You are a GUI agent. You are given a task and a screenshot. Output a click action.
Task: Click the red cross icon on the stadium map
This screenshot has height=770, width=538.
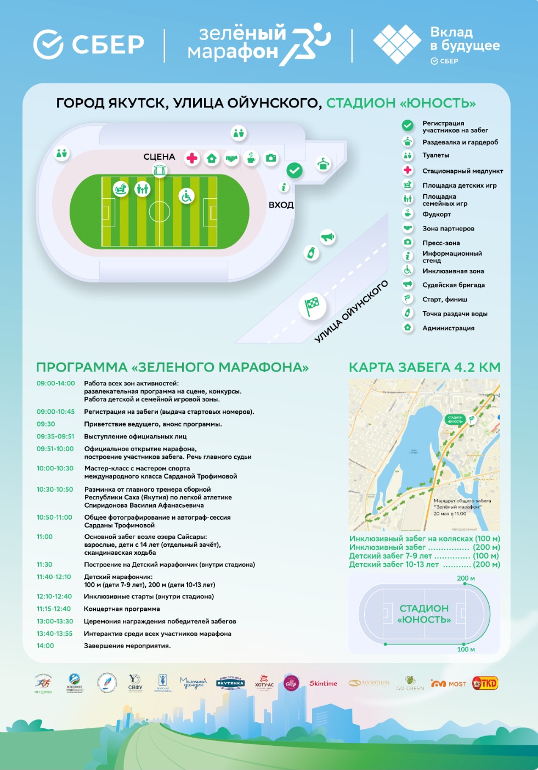pos(192,159)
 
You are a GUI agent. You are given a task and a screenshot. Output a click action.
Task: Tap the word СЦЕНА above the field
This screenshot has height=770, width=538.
pos(159,157)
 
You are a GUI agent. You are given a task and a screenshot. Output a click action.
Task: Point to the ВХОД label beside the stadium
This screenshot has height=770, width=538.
pos(281,205)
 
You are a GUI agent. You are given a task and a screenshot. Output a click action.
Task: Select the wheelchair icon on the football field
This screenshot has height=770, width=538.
pos(186,196)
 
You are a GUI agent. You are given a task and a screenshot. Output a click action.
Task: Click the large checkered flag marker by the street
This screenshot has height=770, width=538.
pos(312,306)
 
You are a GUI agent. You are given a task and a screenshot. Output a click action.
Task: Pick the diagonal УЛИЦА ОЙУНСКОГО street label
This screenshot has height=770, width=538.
pos(351,311)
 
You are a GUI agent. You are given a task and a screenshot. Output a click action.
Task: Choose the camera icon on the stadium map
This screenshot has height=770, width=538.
pos(271,159)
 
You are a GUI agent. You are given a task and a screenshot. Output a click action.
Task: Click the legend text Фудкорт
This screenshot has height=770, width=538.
pos(437,215)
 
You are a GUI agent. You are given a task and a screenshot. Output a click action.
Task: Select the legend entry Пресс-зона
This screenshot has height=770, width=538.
pos(441,243)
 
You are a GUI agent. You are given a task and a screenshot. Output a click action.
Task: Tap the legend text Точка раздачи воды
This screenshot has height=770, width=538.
pos(455,314)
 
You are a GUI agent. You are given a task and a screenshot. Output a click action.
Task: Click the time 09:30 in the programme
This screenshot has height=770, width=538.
pos(46,424)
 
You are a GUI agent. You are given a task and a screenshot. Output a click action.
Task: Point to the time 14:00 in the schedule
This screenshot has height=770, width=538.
pos(46,646)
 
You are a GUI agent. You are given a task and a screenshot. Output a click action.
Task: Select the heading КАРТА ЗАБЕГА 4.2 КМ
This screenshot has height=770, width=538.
pos(424,368)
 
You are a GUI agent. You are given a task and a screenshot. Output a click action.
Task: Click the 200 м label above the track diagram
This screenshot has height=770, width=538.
pos(466,578)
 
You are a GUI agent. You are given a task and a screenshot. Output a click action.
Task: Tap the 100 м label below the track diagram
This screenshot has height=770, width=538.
pos(466,649)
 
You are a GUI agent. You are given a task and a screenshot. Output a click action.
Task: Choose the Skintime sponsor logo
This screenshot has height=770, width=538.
pos(323,683)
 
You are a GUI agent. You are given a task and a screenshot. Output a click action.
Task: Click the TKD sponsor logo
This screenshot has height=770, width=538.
pos(485,683)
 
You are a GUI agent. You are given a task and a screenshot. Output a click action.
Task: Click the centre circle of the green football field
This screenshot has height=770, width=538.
pos(159,211)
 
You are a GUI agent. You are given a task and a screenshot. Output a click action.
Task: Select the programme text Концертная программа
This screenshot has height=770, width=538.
pos(122,609)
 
